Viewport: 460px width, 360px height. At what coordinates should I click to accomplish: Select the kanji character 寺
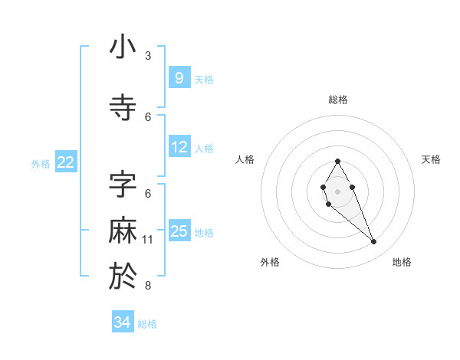click(x=123, y=108)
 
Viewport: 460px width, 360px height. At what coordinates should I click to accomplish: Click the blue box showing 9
click(x=179, y=77)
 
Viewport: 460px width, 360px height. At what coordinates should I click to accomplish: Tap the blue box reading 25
click(x=179, y=231)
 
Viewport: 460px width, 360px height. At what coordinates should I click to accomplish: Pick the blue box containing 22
click(x=65, y=162)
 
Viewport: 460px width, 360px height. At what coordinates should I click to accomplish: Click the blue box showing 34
click(x=122, y=322)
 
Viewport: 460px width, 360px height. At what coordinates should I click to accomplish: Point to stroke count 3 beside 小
click(x=148, y=56)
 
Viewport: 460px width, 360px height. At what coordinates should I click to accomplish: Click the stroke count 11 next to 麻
click(x=148, y=240)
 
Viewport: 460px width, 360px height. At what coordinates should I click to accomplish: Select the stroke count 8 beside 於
click(x=148, y=286)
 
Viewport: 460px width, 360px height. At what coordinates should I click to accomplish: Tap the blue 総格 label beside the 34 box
click(x=147, y=324)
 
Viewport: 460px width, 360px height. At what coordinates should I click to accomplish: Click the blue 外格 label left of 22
click(x=41, y=163)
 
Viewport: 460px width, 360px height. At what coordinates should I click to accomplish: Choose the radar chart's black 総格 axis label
click(x=338, y=100)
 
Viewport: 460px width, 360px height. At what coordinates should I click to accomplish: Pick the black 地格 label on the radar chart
click(x=402, y=262)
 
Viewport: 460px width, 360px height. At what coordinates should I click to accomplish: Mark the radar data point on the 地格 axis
click(x=373, y=242)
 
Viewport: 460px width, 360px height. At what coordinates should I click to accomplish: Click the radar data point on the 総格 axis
click(x=338, y=161)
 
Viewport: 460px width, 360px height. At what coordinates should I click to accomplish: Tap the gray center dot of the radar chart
click(x=338, y=191)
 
